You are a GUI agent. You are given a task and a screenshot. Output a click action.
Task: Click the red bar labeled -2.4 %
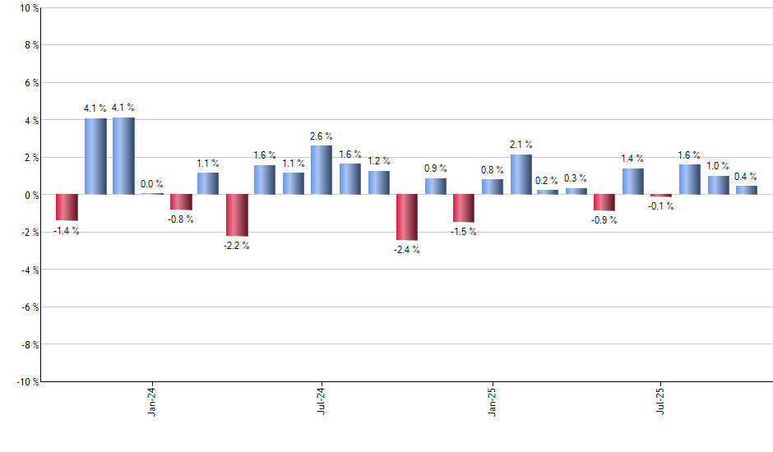tap(407, 217)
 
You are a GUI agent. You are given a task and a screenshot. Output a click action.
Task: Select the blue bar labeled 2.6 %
tap(322, 170)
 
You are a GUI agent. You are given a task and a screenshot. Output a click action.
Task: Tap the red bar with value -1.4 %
tap(67, 207)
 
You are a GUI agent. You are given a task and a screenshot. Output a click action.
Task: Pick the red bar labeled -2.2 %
tap(237, 215)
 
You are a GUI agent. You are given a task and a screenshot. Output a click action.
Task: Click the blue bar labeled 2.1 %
tap(521, 174)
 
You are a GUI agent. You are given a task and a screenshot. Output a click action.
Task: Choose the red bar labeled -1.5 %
tap(464, 208)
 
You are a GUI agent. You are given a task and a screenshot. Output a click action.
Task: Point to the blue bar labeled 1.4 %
tap(633, 182)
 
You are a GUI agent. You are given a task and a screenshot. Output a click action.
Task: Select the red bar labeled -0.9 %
tap(604, 202)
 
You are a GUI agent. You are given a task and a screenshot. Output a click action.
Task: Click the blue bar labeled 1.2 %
tap(379, 182)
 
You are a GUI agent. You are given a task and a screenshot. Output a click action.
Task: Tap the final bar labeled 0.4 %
tap(747, 190)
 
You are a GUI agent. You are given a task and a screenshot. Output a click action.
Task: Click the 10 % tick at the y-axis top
tap(28, 8)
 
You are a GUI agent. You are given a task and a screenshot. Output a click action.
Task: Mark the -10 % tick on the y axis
tap(26, 381)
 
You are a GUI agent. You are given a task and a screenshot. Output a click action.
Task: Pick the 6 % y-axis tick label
tap(30, 83)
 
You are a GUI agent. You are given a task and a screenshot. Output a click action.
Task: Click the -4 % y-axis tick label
tap(29, 270)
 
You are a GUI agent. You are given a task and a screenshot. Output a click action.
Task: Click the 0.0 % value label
tap(152, 184)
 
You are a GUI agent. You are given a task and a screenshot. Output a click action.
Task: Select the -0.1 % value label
tap(661, 206)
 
